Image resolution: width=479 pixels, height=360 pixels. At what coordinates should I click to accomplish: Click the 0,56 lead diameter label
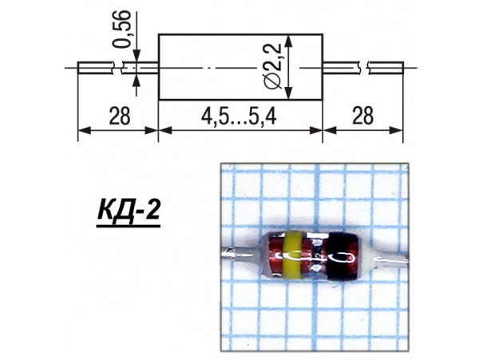click(x=121, y=29)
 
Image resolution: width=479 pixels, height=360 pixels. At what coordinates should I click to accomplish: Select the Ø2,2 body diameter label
click(x=273, y=66)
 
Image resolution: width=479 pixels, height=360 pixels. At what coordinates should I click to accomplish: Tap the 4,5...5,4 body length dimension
click(x=239, y=116)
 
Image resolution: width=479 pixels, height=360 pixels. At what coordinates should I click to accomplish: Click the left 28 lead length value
click(x=120, y=116)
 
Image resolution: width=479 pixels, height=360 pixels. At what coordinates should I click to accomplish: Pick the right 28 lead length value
click(x=362, y=116)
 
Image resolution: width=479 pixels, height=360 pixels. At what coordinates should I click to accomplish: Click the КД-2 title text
click(x=129, y=211)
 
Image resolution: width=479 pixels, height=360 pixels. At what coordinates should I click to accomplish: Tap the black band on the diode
click(x=342, y=256)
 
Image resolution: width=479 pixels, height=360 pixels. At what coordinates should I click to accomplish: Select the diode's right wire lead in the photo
click(x=391, y=259)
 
